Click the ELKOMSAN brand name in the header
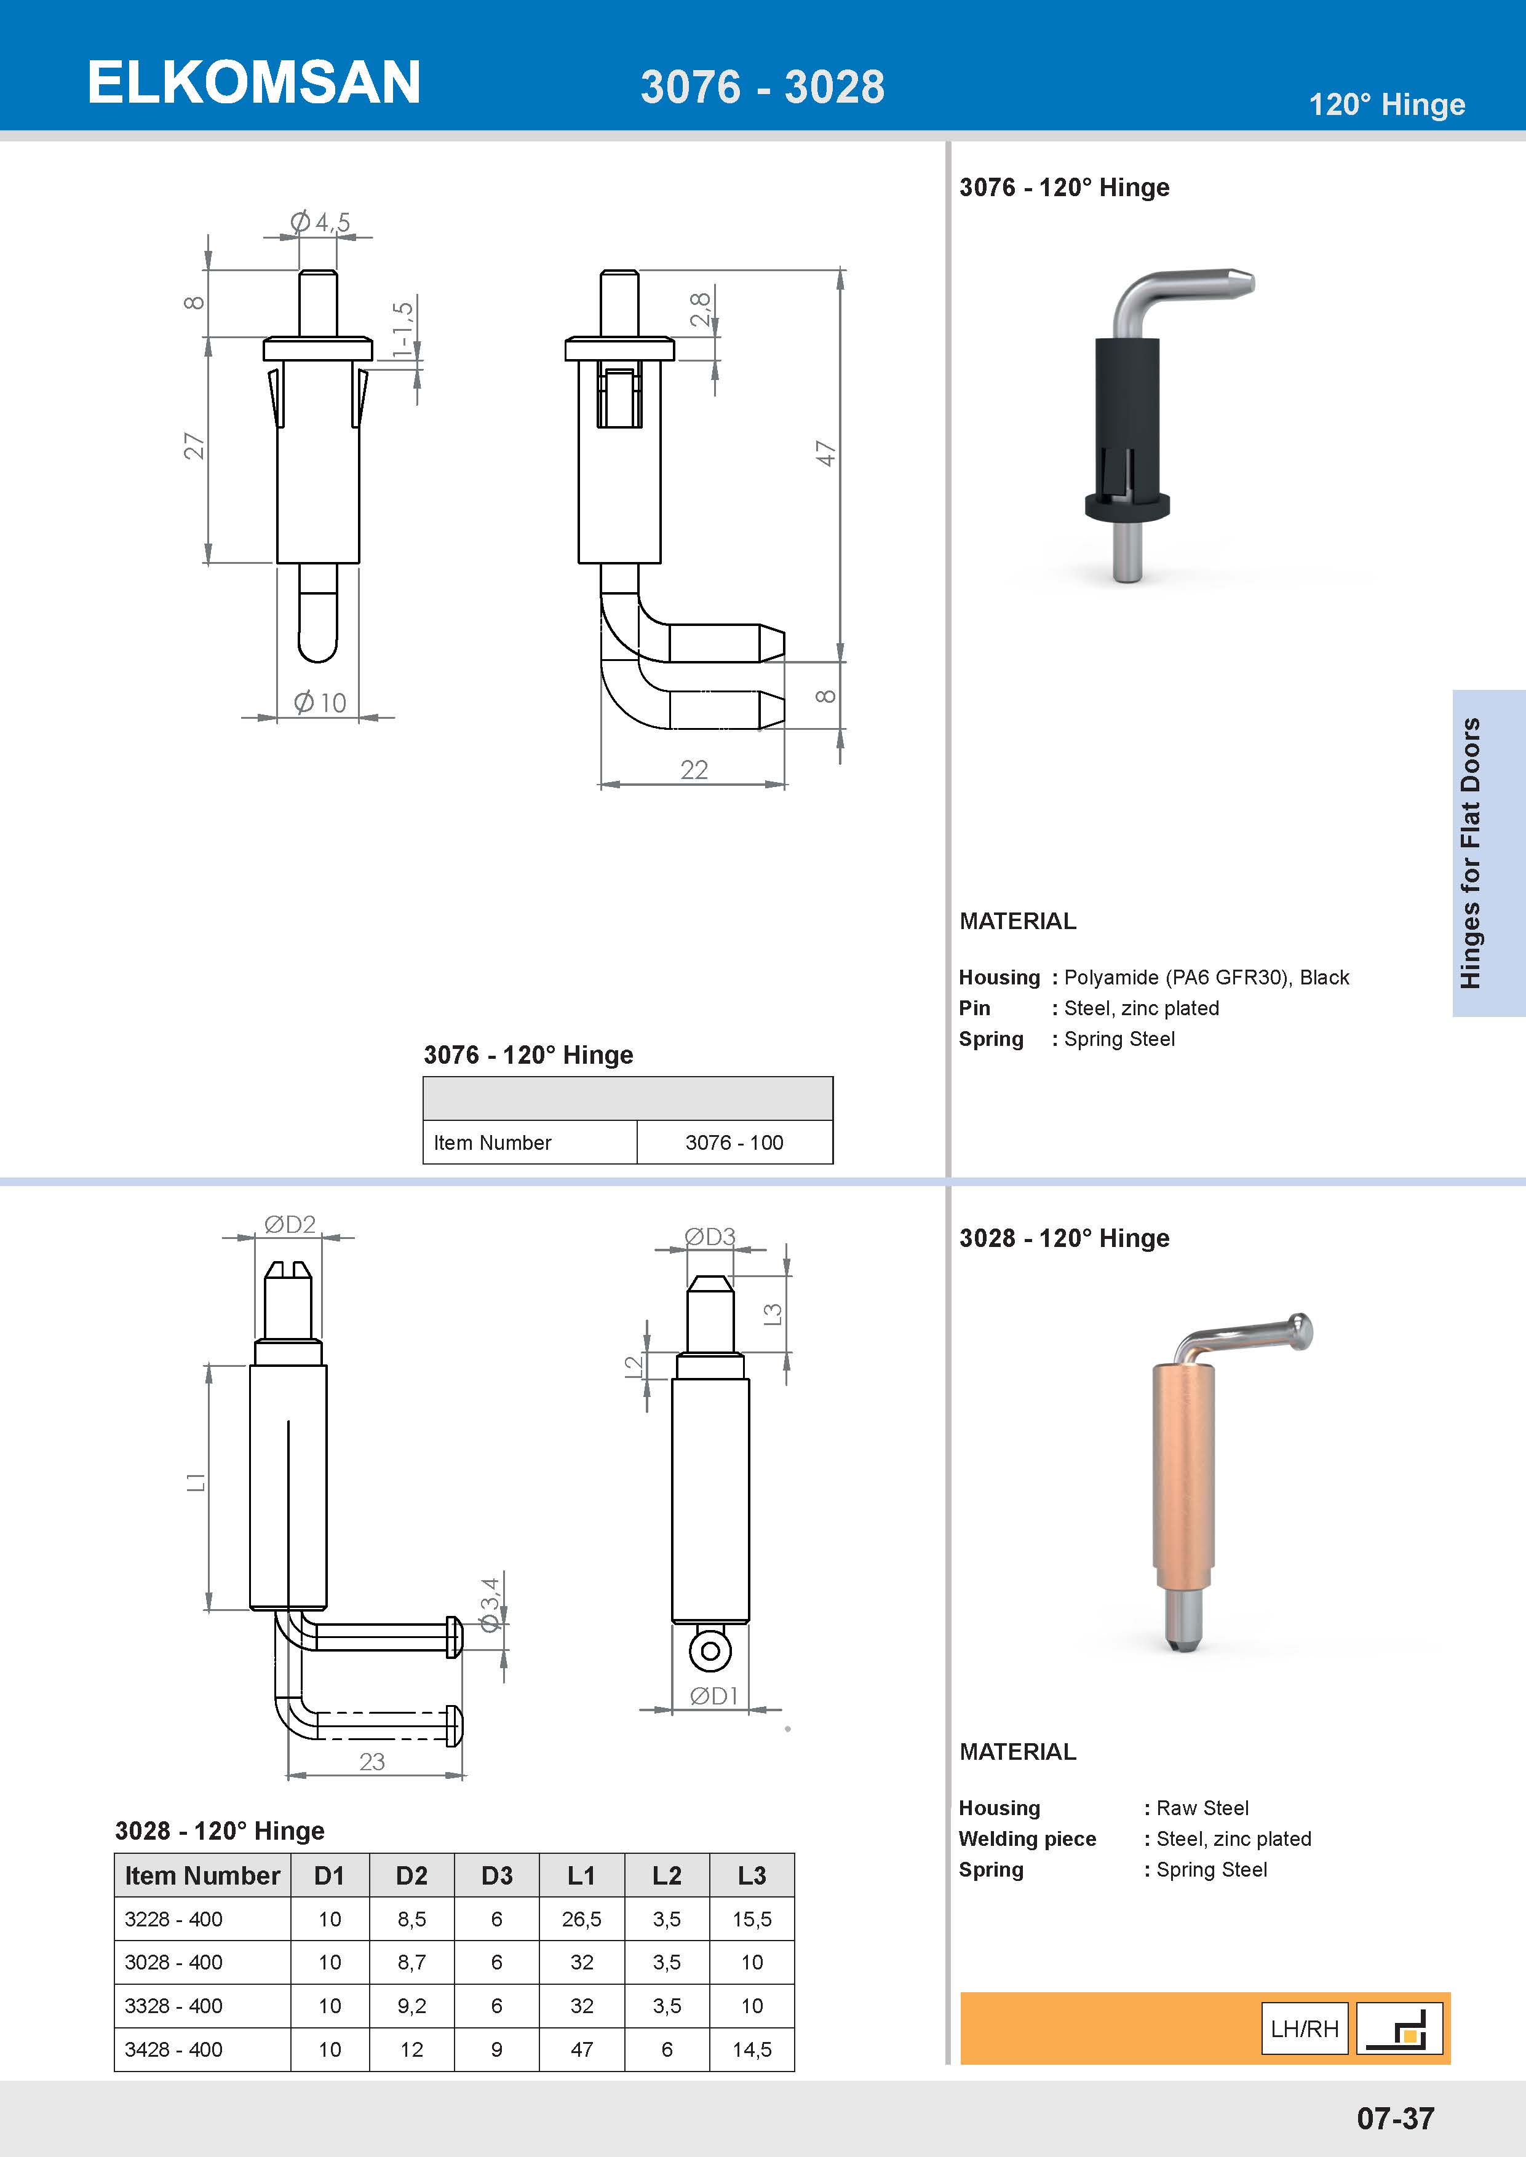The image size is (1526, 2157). (253, 82)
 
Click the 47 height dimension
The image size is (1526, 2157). (825, 453)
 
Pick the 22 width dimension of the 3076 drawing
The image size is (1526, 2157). (693, 769)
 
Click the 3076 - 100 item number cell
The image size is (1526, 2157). (734, 1142)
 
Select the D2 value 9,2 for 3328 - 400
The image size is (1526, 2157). (411, 2006)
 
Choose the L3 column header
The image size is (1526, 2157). (752, 1875)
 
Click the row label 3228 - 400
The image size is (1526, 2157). (174, 1919)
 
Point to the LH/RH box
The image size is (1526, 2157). (1304, 2028)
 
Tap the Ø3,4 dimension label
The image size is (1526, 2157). (490, 1605)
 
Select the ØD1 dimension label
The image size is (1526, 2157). (713, 1695)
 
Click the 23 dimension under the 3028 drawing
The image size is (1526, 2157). (372, 1762)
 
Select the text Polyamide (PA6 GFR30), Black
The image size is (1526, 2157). (1206, 977)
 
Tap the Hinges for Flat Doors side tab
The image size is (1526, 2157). (1471, 852)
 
